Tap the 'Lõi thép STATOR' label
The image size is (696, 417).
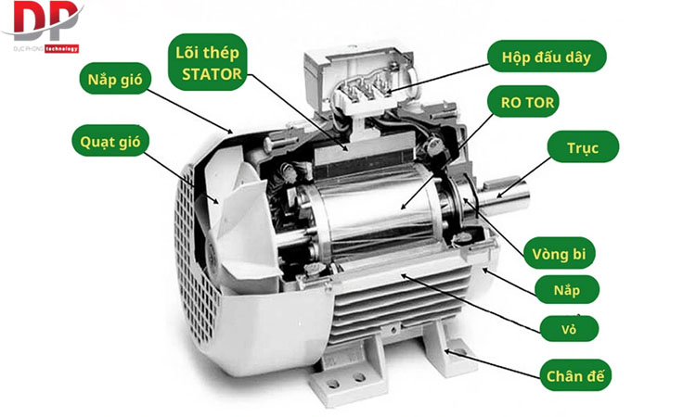[x=210, y=62]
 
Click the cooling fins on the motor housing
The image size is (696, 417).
[x=399, y=306]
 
